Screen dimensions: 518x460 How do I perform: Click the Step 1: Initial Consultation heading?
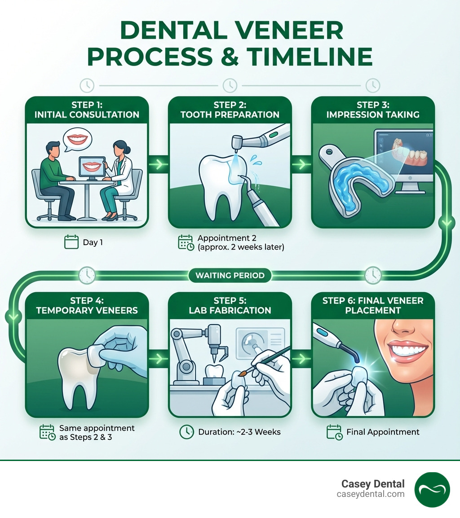(x=87, y=110)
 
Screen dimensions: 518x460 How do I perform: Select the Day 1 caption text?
(x=93, y=242)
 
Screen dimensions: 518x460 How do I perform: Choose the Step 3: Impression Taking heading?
(x=373, y=110)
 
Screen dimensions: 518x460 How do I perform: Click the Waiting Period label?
(x=230, y=275)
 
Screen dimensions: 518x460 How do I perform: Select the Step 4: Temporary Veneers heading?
(x=87, y=305)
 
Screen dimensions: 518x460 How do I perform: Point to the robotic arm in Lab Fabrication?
(x=189, y=355)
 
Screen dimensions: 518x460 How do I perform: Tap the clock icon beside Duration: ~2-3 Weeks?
(x=186, y=432)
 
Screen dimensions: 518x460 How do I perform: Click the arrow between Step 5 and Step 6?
(x=301, y=359)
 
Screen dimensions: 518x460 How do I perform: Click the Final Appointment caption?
(x=383, y=432)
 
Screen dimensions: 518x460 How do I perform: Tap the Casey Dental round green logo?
(x=432, y=489)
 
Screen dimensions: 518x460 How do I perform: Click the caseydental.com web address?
(x=371, y=494)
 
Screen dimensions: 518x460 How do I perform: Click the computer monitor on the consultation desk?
(x=92, y=168)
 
